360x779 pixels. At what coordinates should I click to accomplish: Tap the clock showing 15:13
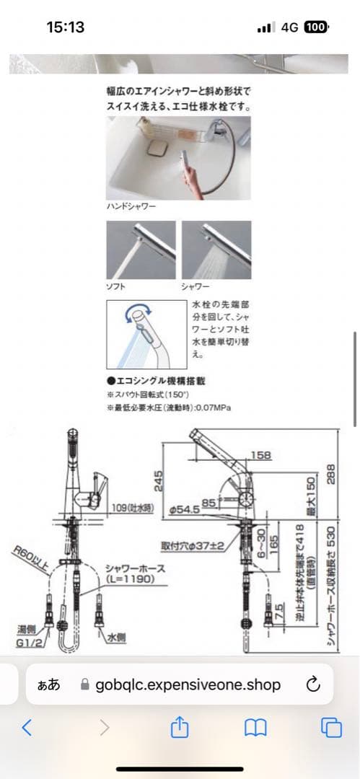pyautogui.click(x=66, y=27)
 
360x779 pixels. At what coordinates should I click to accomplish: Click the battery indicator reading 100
pyautogui.click(x=315, y=27)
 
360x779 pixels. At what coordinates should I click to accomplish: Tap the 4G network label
pyautogui.click(x=290, y=27)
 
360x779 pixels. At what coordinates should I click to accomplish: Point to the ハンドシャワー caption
pyautogui.click(x=131, y=206)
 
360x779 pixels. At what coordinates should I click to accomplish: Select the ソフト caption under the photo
pyautogui.click(x=115, y=286)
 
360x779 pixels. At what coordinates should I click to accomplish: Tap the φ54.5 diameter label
pyautogui.click(x=184, y=510)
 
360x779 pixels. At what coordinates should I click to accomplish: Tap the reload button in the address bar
pyautogui.click(x=313, y=685)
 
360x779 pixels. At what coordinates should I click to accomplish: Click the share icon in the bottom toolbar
pyautogui.click(x=179, y=728)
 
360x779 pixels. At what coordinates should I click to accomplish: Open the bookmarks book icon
pyautogui.click(x=255, y=728)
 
